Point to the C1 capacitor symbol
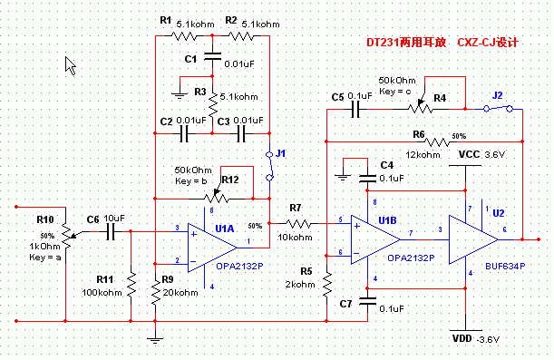pos(212,58)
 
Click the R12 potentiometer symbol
pos(214,194)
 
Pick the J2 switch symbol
pos(497,108)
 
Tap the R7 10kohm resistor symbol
pos(300,223)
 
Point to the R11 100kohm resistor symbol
pos(131,287)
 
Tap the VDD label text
pos(463,338)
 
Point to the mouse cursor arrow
pos(70,64)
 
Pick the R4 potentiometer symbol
pos(420,107)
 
